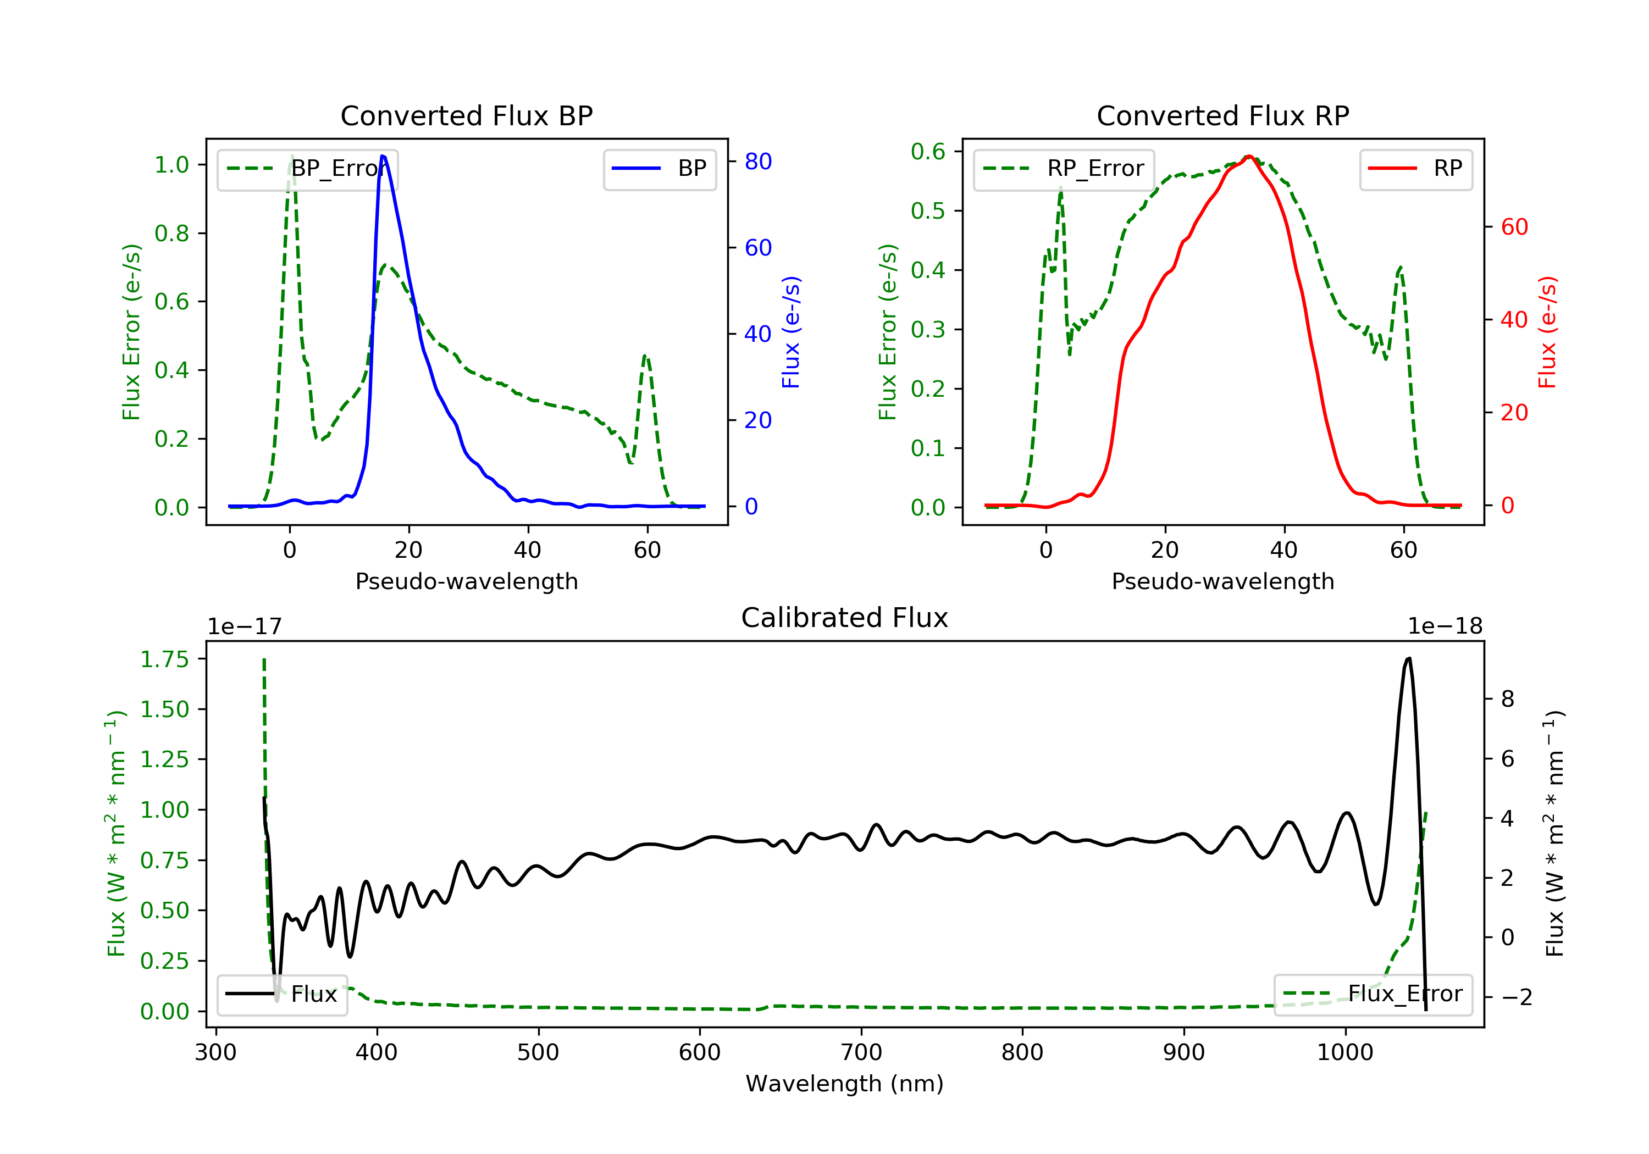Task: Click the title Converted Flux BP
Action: click(466, 115)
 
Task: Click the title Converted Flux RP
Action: click(1222, 115)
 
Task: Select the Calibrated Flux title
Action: click(845, 618)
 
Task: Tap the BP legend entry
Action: click(659, 169)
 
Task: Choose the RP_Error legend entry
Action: click(1064, 169)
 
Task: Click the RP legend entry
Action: click(1415, 169)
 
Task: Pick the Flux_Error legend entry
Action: click(1373, 994)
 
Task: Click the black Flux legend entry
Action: click(281, 995)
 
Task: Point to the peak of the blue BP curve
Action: click(383, 156)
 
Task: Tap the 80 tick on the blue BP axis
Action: click(757, 162)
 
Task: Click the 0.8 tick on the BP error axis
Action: click(171, 234)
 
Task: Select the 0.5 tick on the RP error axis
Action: click(928, 211)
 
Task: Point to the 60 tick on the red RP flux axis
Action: click(1514, 227)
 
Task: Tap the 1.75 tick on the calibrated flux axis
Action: click(164, 659)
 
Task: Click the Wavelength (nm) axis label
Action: click(845, 1084)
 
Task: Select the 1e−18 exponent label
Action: click(1445, 626)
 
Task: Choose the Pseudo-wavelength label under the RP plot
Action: click(1222, 581)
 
